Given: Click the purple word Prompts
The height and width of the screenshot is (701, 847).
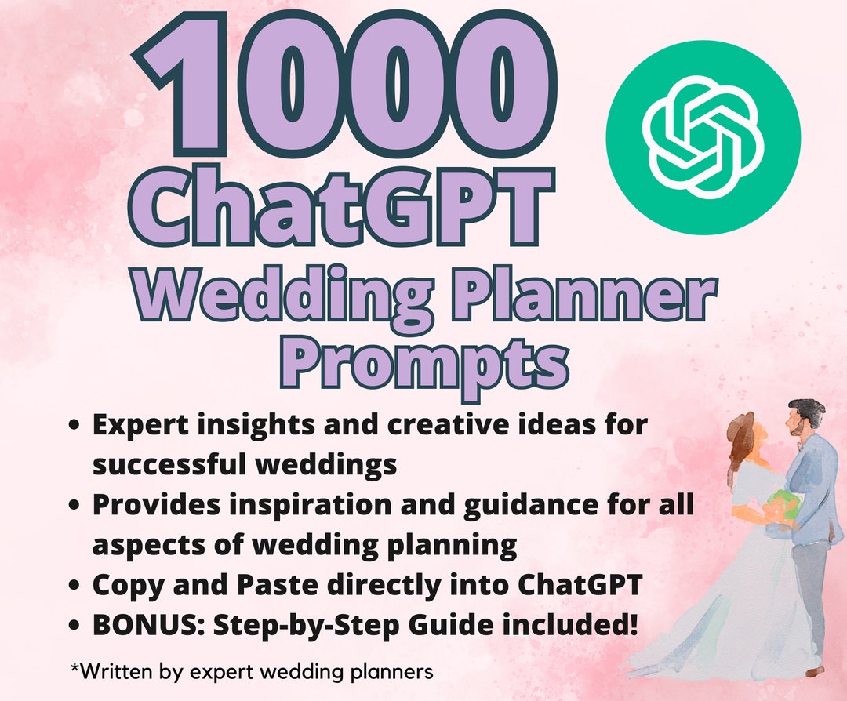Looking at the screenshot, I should point(424,358).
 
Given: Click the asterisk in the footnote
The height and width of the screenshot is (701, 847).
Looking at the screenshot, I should point(74,669).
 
